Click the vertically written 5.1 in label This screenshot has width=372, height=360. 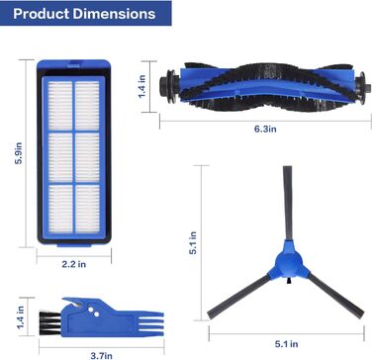pos(194,240)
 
